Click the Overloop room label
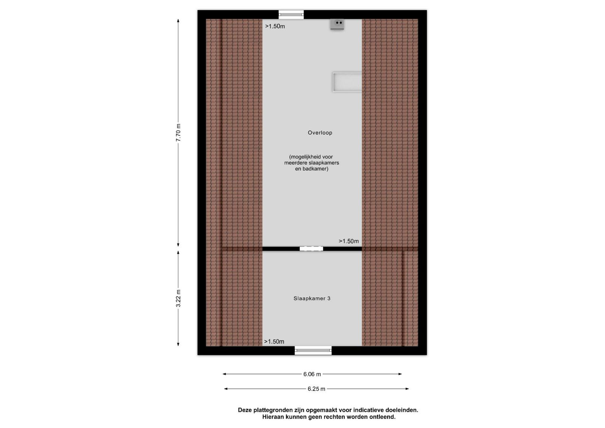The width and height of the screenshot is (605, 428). pyautogui.click(x=320, y=133)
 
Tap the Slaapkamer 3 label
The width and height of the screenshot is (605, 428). pyautogui.click(x=312, y=298)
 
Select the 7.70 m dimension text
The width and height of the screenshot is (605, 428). pyautogui.click(x=178, y=133)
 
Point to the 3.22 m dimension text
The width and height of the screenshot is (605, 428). pyautogui.click(x=178, y=298)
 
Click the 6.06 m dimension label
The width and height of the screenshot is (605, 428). pyautogui.click(x=312, y=374)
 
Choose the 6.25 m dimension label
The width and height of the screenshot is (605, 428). pyautogui.click(x=316, y=389)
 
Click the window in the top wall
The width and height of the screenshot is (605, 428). pyautogui.click(x=291, y=15)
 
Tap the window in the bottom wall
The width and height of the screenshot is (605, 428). pyautogui.click(x=313, y=350)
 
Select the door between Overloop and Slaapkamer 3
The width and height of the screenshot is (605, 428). pyautogui.click(x=311, y=249)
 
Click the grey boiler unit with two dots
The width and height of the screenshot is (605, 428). pyautogui.click(x=337, y=24)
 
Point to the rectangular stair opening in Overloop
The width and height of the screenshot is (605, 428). pyautogui.click(x=347, y=82)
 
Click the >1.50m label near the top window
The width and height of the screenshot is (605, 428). pyautogui.click(x=275, y=26)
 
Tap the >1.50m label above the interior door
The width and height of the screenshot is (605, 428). pyautogui.click(x=349, y=241)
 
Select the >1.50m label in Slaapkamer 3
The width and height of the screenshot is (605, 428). pyautogui.click(x=274, y=342)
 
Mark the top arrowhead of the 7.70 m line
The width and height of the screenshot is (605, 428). pyautogui.click(x=178, y=20)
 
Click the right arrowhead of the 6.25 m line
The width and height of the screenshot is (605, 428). pyautogui.click(x=408, y=389)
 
